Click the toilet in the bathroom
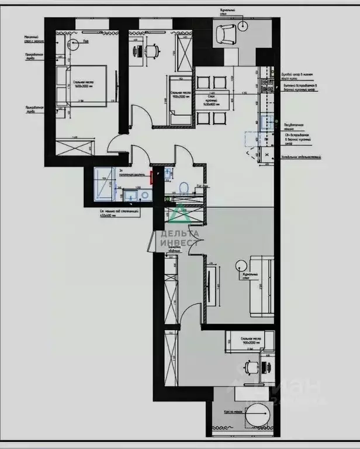184,187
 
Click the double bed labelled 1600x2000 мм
82,84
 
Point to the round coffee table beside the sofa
241,265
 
